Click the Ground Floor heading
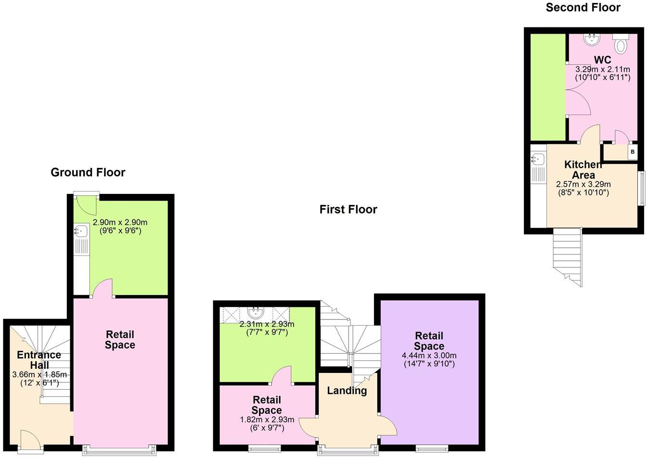point(88,172)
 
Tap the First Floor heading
point(348,209)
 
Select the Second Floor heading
point(583,7)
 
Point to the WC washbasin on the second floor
point(591,39)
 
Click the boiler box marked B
point(633,152)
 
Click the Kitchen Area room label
point(583,170)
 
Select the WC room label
point(602,60)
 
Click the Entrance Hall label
point(39,360)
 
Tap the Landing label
point(347,391)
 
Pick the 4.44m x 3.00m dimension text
point(429,356)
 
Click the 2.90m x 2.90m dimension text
point(120,223)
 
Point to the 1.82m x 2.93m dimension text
point(267,420)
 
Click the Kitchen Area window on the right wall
point(641,188)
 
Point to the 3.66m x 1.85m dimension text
point(39,375)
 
